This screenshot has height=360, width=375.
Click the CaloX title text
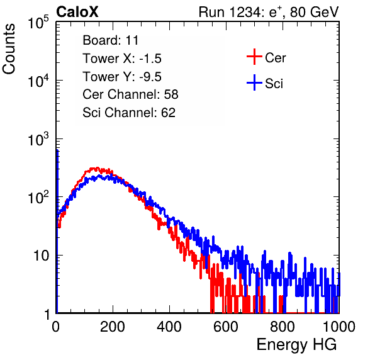[x=77, y=12]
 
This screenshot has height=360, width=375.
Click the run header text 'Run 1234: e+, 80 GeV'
[x=269, y=12]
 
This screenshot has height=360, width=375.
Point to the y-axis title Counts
[x=9, y=49]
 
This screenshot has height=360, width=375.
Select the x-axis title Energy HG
[x=296, y=345]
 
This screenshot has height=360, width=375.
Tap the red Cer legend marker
[x=254, y=57]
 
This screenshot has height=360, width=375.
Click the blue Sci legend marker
[x=254, y=82]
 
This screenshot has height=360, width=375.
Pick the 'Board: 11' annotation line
[x=111, y=40]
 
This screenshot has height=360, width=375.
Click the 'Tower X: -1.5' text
[x=122, y=59]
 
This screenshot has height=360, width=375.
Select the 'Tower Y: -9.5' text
[x=122, y=77]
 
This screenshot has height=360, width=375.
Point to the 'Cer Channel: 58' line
[x=130, y=94]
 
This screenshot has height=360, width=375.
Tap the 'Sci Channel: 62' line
[x=129, y=113]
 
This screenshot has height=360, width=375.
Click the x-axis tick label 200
[x=113, y=327]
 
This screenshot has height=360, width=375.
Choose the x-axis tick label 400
[x=169, y=327]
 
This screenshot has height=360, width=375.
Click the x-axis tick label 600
[x=226, y=327]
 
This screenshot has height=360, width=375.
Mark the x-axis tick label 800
[x=283, y=327]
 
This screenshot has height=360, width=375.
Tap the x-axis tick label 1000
[x=339, y=327]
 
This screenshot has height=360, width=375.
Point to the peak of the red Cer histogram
[x=97, y=167]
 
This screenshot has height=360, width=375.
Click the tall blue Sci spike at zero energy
[x=57, y=230]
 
